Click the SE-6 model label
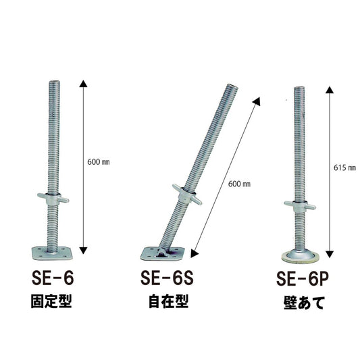[x=53, y=278]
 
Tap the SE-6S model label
[x=167, y=278]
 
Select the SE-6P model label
[x=303, y=279]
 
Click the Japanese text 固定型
[x=51, y=301]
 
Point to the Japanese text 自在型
[x=169, y=301]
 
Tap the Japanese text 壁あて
[x=304, y=303]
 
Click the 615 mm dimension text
[x=344, y=168]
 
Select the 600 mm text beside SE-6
[x=98, y=162]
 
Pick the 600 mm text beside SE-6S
[x=239, y=184]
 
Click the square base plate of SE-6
[x=52, y=253]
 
